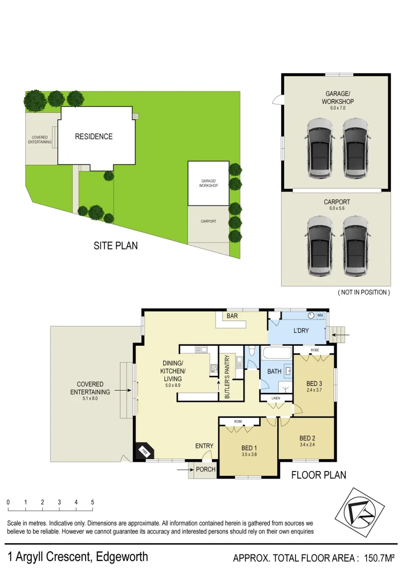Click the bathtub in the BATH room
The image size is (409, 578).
pyautogui.click(x=276, y=353)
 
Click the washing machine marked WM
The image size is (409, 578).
pyautogui.click(x=320, y=316)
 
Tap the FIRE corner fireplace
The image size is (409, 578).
pyautogui.click(x=144, y=452)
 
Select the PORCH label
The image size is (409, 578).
pyautogui.click(x=206, y=470)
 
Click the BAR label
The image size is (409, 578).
pyautogui.click(x=232, y=316)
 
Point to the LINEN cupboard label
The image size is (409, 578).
pyautogui.click(x=276, y=398)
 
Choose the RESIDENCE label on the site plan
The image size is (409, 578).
pyautogui.click(x=94, y=136)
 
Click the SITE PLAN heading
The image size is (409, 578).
pyautogui.click(x=116, y=246)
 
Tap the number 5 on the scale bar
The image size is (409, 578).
pyautogui.click(x=93, y=502)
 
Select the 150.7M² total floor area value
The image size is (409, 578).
pyautogui.click(x=379, y=558)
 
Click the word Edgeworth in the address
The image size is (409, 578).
pyautogui.click(x=122, y=557)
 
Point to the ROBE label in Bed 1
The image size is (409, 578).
pyautogui.click(x=239, y=422)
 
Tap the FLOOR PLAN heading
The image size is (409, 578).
pyautogui.click(x=319, y=474)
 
